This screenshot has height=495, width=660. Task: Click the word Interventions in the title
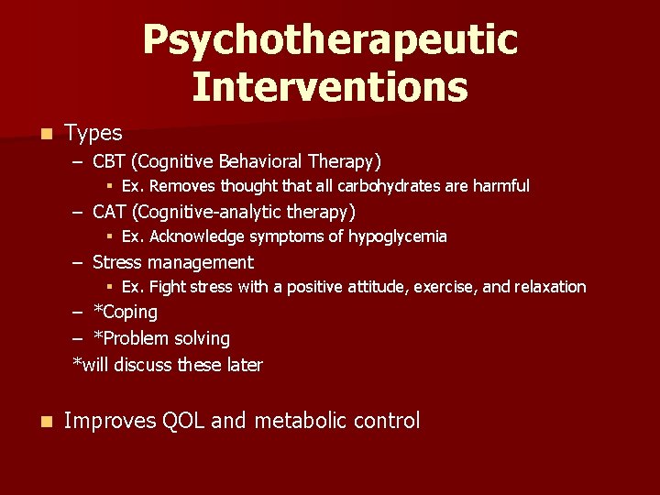click(330, 87)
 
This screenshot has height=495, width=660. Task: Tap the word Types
click(93, 134)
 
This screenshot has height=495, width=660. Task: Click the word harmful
click(501, 186)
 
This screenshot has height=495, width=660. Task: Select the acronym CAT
click(110, 213)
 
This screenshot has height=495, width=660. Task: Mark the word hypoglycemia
click(397, 236)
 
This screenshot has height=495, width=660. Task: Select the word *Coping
click(126, 313)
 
